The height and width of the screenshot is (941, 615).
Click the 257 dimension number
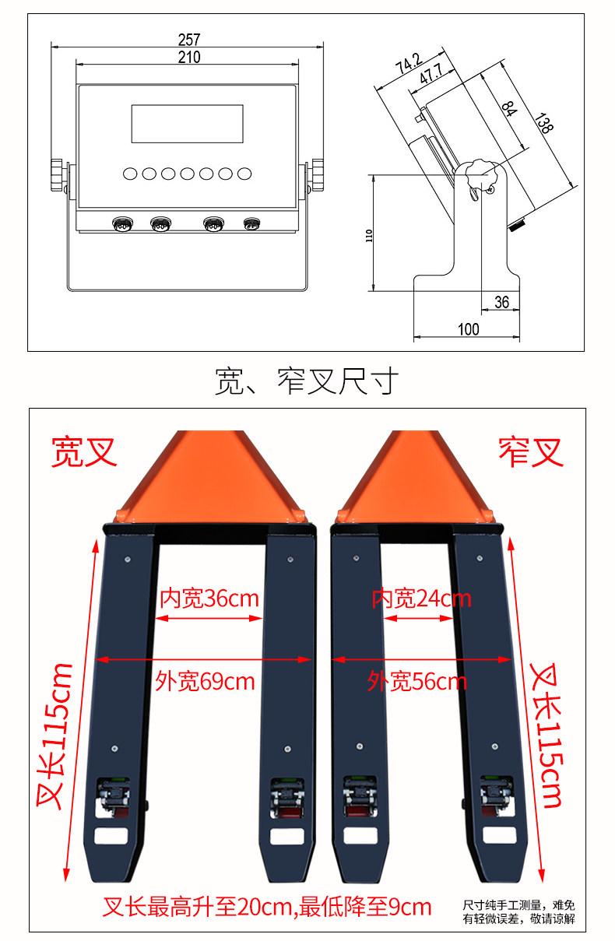click(189, 39)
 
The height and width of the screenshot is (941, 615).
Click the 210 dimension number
click(189, 57)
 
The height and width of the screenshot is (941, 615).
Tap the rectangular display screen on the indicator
click(187, 124)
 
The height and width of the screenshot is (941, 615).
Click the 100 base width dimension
click(468, 329)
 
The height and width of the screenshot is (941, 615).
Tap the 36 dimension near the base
click(501, 302)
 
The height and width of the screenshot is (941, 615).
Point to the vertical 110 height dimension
click(369, 234)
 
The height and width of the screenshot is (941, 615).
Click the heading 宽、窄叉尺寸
click(307, 381)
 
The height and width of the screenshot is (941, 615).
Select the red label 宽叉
click(84, 452)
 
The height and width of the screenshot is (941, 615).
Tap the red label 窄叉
click(531, 452)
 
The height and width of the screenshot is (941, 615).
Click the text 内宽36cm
click(209, 599)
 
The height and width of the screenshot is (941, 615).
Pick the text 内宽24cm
click(421, 599)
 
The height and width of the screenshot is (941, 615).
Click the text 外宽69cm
click(205, 681)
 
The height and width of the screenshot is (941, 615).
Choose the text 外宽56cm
click(417, 682)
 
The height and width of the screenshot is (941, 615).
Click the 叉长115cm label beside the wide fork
click(54, 736)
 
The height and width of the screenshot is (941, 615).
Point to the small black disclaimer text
click(519, 911)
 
